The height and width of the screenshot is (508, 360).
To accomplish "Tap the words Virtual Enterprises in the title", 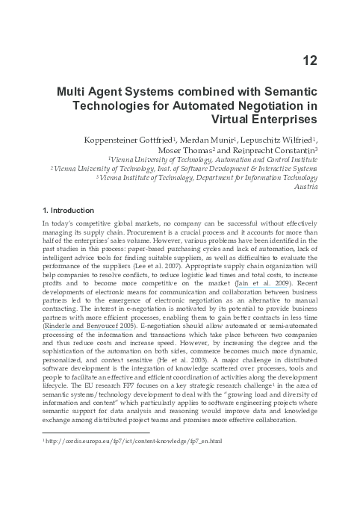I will [x=265, y=119].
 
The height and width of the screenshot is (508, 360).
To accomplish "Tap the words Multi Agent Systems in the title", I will [x=114, y=91].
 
